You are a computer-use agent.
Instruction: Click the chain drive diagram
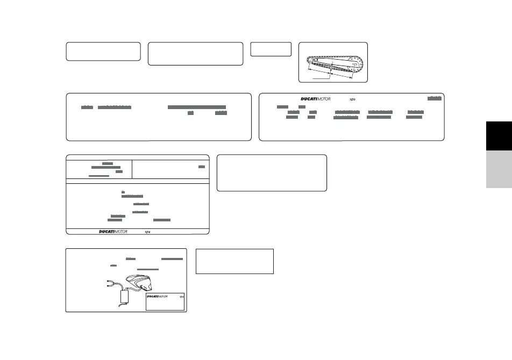point(333,62)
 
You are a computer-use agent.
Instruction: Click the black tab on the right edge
point(499,136)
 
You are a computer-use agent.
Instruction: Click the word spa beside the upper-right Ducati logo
point(353,99)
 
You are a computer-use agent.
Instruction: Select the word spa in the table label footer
point(148,232)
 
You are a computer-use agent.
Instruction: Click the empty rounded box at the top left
point(103,52)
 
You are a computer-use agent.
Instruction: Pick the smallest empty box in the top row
point(271,49)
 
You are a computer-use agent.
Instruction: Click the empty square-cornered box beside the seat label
point(234,261)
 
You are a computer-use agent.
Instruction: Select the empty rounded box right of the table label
point(272,173)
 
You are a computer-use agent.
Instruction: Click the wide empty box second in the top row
point(195,54)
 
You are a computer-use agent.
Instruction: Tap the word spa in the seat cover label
point(182,296)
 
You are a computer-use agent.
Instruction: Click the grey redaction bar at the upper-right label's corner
point(435,98)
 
